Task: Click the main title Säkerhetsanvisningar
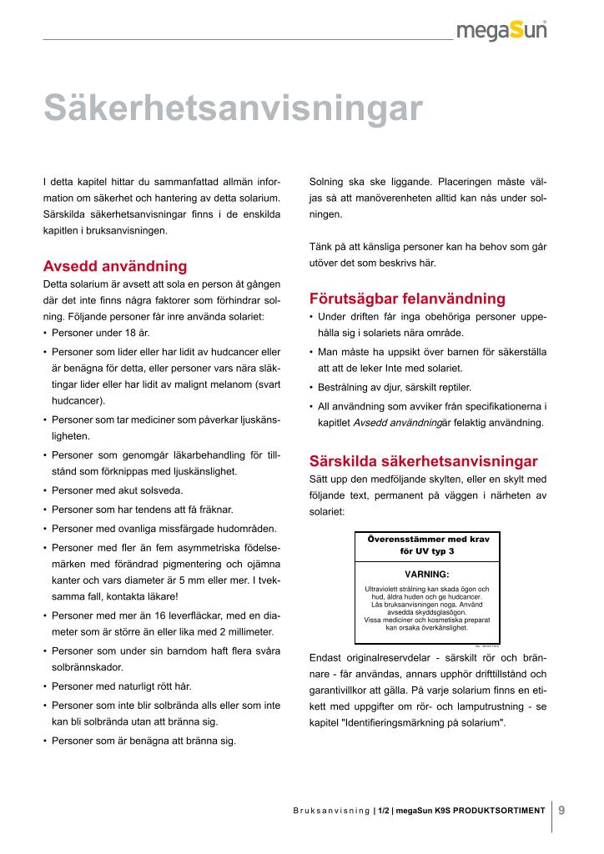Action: coord(233,108)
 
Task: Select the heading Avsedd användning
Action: coord(115,267)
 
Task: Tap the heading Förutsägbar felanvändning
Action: coord(407,299)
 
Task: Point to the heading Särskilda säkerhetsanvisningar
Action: coord(424,460)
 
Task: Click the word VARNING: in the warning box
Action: coord(427,575)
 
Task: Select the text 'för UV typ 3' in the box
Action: coord(427,552)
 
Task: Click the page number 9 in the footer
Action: coord(561,808)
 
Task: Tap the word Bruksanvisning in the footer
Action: coord(331,810)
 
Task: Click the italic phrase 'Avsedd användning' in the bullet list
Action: coord(397,423)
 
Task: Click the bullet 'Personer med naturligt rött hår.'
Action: coord(122,686)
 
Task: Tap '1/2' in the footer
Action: coord(384,810)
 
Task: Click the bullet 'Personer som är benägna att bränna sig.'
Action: coord(143,740)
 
